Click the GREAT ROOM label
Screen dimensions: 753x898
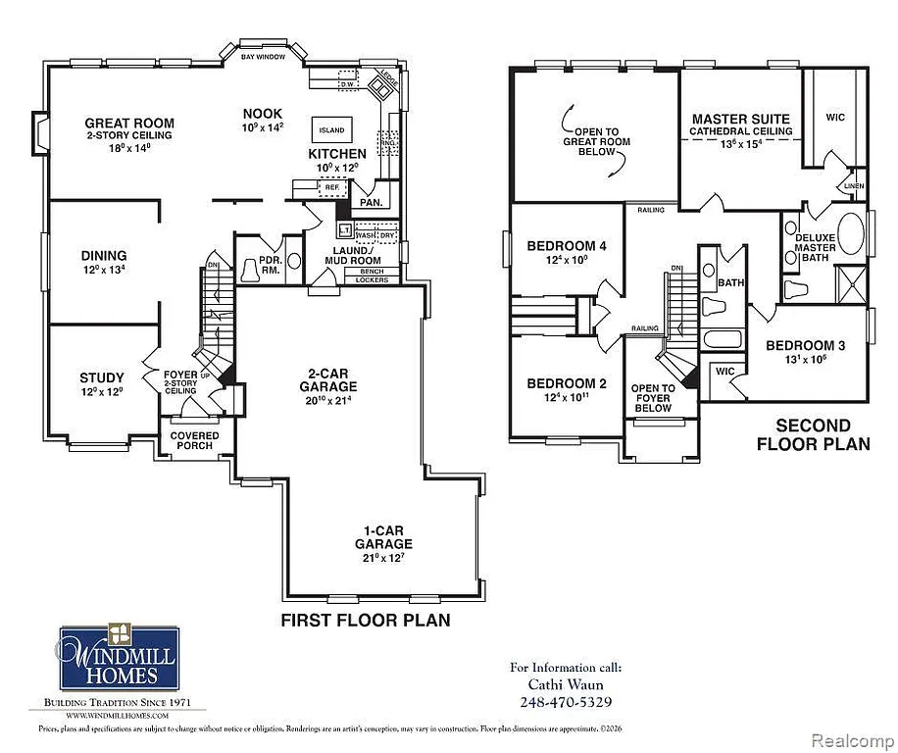[x=128, y=124]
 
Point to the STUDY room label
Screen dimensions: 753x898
[x=102, y=377]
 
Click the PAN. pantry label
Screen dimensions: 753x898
[x=372, y=203]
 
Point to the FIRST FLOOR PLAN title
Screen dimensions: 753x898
[x=366, y=620]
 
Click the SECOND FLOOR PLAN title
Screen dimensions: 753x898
[x=813, y=434]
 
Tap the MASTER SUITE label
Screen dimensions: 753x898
[x=741, y=119]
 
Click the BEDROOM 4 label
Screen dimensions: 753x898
[x=567, y=246]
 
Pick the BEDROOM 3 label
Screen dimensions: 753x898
[x=805, y=345]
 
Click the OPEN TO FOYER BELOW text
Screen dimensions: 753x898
[x=653, y=398]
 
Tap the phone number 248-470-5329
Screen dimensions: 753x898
[x=566, y=702]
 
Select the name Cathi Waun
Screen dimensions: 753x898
[x=566, y=684]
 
